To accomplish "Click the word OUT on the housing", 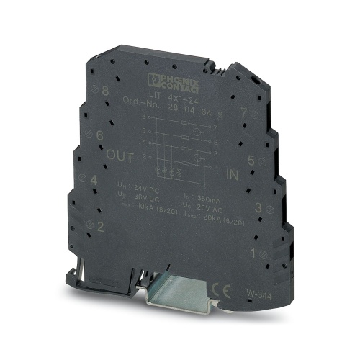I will tap(120, 154).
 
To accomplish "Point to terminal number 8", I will tap(106, 91).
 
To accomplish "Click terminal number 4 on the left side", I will tap(93, 181).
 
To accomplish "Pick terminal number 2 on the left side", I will tap(99, 228).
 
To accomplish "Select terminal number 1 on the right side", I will tap(252, 253).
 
